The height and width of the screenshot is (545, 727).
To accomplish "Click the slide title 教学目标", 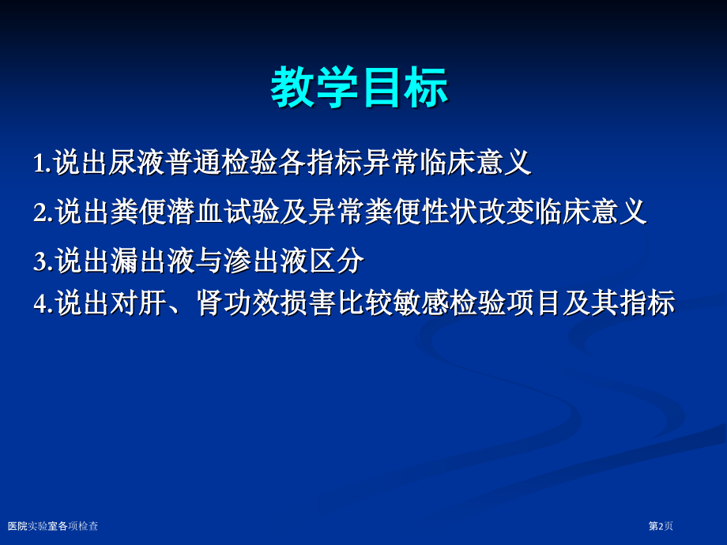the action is pyautogui.click(x=360, y=88).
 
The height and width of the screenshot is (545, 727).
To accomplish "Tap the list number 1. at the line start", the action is pyautogui.click(x=42, y=163).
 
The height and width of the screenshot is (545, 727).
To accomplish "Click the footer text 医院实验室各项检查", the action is pyautogui.click(x=53, y=526).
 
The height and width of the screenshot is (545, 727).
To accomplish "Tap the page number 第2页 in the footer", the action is pyautogui.click(x=661, y=526).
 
